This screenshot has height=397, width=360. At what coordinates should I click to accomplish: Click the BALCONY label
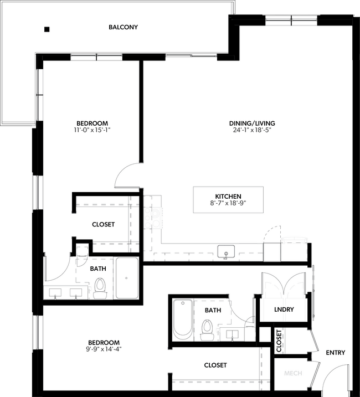tap(123, 27)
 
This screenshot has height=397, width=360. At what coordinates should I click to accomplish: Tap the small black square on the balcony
tap(47, 29)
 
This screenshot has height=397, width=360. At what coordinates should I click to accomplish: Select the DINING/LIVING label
tap(252, 123)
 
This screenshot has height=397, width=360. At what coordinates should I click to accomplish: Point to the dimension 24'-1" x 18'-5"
tap(252, 131)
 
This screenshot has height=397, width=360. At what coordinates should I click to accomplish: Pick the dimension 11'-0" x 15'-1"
tap(92, 130)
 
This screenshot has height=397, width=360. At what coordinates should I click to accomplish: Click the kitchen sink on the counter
tap(226, 252)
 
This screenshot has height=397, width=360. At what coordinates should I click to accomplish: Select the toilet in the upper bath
tap(100, 287)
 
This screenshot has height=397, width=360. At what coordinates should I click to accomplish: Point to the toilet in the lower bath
tap(207, 331)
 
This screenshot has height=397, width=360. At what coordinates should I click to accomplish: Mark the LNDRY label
tap(284, 310)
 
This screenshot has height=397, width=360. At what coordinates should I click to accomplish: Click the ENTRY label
tap(336, 353)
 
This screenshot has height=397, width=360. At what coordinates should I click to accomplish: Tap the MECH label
tap(292, 374)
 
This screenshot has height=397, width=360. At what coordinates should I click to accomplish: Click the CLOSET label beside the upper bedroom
tap(103, 224)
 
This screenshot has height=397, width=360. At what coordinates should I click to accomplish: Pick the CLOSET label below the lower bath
tap(215, 365)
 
